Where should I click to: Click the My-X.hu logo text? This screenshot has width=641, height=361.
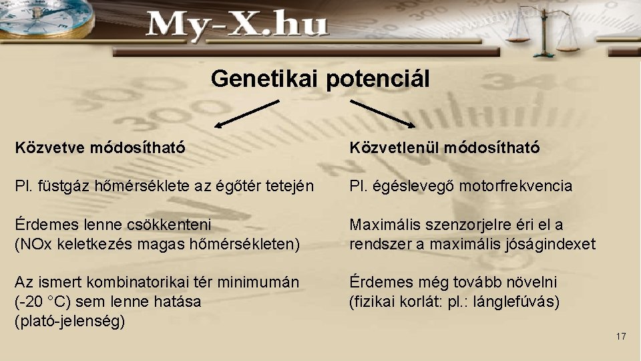237,26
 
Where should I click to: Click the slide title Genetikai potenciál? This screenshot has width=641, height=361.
320,79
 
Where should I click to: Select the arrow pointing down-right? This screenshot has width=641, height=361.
383,113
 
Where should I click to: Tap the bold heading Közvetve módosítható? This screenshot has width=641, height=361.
100,146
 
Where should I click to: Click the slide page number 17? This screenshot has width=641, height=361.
621,336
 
